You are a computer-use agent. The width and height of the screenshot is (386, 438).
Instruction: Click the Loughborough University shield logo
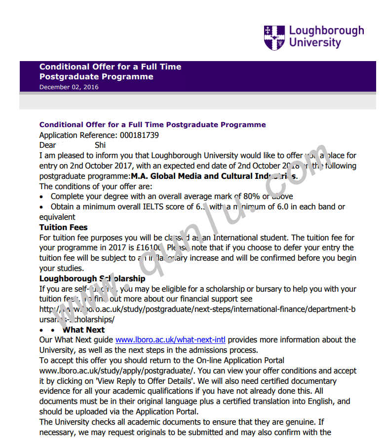pos(274,37)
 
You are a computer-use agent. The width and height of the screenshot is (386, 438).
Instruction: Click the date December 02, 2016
pos(69,87)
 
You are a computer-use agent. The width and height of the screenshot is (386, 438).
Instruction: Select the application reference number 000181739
pos(139,135)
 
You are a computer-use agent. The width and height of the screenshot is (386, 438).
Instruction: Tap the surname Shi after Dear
pos(100,145)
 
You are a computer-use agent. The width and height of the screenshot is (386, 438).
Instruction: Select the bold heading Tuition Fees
pos(63,228)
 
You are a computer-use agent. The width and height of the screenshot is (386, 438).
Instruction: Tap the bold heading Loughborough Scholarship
pos(92,279)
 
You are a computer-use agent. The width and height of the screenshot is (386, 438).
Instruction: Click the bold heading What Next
pos(83,330)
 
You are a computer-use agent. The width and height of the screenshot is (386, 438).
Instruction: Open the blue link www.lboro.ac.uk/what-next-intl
pos(171,340)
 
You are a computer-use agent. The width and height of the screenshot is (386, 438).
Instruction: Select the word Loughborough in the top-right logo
pos(326,31)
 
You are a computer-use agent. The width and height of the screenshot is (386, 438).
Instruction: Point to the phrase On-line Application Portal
pos(236,361)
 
